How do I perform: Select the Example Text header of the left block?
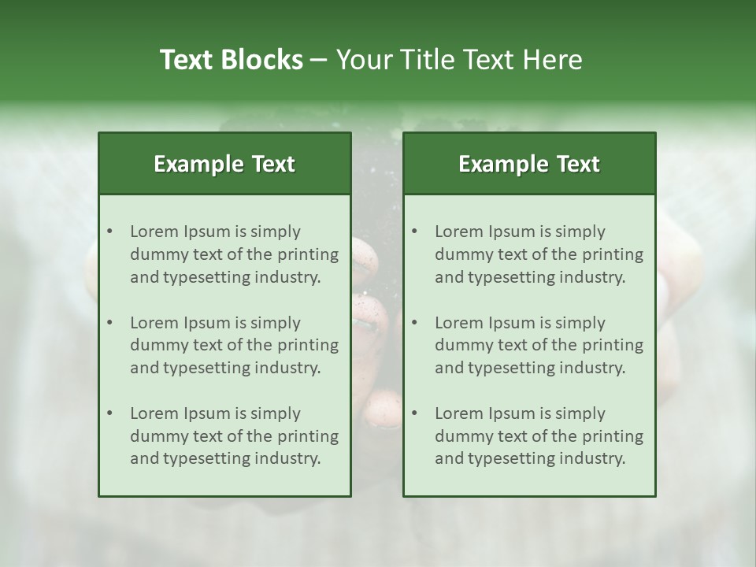[x=224, y=164]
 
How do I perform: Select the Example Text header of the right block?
[x=529, y=164]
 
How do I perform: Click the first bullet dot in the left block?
[x=109, y=232]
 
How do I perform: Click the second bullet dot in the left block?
[x=109, y=323]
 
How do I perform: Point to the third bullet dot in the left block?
[x=109, y=413]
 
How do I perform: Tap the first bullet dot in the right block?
[x=414, y=232]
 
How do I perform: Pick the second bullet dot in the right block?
[x=414, y=323]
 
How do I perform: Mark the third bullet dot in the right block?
[x=414, y=413]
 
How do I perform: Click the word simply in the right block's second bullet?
[x=580, y=323]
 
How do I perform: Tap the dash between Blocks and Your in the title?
[x=319, y=60]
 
